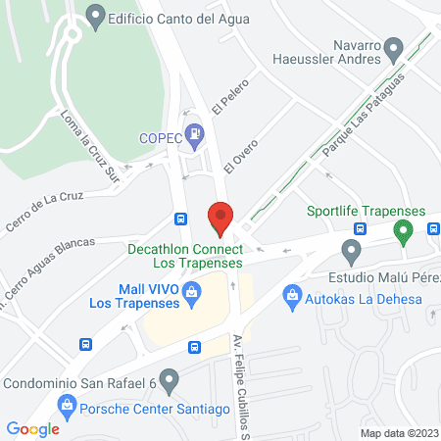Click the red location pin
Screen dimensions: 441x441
(220, 218)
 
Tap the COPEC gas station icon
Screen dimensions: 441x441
(196, 130)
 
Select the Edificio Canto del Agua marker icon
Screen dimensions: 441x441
(95, 15)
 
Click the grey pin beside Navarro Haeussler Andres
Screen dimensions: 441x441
(394, 47)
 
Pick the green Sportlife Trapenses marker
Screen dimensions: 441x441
(401, 232)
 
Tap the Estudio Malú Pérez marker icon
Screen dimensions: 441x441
(351, 249)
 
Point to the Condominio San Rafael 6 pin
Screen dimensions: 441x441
(169, 378)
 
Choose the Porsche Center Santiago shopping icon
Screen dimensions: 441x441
(67, 403)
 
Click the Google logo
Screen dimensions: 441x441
(32, 428)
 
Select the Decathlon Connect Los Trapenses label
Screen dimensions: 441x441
(184, 257)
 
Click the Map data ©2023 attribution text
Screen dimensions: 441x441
(399, 432)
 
